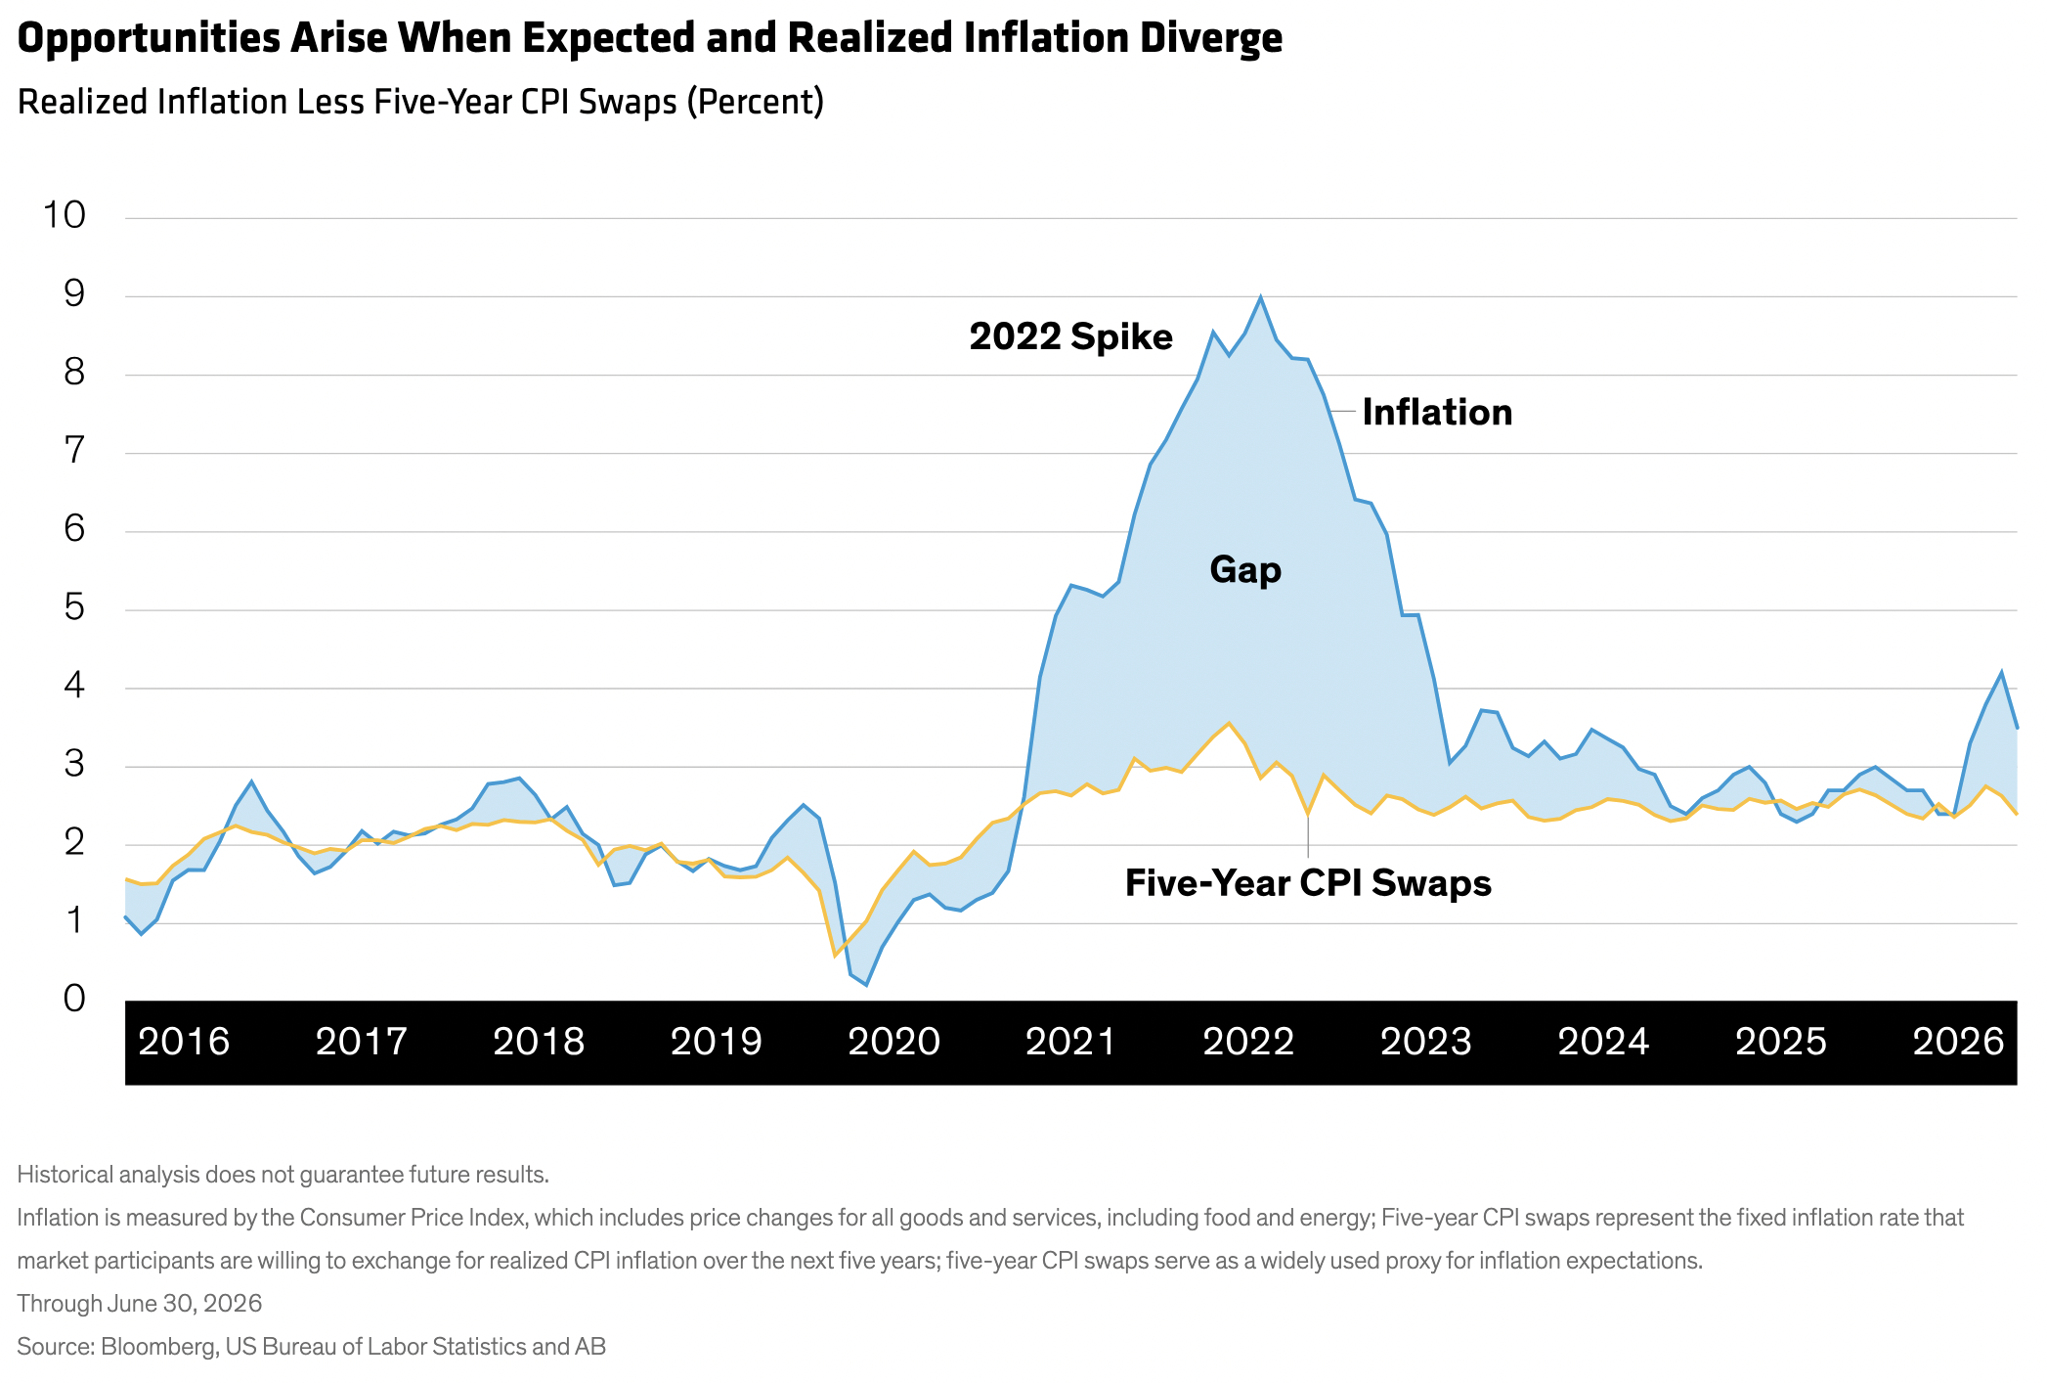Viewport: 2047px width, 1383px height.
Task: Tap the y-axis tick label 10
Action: [x=65, y=215]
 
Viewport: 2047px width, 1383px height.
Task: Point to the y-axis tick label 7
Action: [x=74, y=451]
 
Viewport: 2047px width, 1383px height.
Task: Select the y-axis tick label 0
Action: [x=74, y=999]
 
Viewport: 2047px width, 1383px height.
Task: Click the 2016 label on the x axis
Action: [x=184, y=1042]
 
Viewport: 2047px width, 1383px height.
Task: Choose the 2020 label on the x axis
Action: [x=893, y=1042]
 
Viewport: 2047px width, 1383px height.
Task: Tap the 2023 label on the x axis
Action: [x=1426, y=1042]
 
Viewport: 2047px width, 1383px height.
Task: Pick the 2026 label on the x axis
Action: [x=1958, y=1042]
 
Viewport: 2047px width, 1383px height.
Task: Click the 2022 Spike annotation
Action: [x=1070, y=337]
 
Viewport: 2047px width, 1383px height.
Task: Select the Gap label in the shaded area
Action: [x=1245, y=570]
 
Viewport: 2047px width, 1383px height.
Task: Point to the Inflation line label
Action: [x=1437, y=413]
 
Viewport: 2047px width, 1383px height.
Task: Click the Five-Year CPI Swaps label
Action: [x=1308, y=883]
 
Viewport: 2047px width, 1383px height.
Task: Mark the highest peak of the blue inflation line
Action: [x=1260, y=296]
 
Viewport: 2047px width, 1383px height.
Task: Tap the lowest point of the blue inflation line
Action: [x=866, y=985]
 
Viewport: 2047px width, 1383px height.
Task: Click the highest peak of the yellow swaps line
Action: [x=1229, y=723]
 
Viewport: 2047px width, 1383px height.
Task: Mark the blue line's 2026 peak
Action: [x=2001, y=672]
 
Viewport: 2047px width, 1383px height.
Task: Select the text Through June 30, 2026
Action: [x=140, y=1304]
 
